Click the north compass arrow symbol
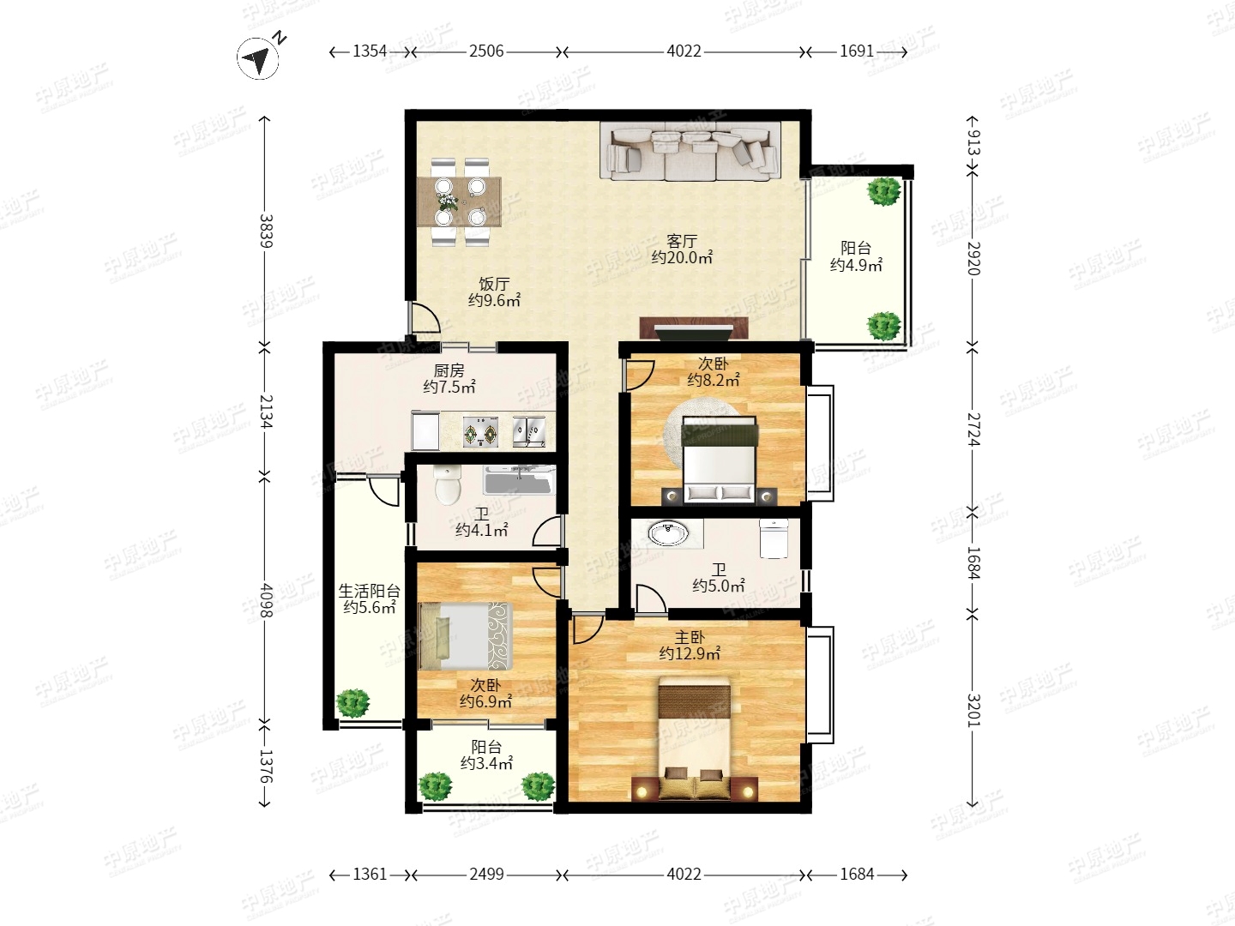[x=258, y=58]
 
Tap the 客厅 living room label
[x=682, y=241]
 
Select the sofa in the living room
[x=690, y=151]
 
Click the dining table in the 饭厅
[x=459, y=201]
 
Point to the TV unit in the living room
[x=694, y=328]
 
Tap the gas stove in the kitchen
[x=480, y=431]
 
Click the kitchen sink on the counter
[x=529, y=431]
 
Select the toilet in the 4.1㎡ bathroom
[x=448, y=484]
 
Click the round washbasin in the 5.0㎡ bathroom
[x=668, y=532]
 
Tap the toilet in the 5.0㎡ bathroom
[x=774, y=538]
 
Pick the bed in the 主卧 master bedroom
[x=695, y=738]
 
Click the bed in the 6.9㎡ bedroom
[x=466, y=636]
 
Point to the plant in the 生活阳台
[x=352, y=703]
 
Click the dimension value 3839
[x=266, y=231]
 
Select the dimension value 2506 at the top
[x=486, y=51]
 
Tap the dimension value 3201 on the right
[x=973, y=710]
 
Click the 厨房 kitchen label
[x=449, y=370]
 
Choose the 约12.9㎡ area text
[x=690, y=654]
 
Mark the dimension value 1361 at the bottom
[x=370, y=874]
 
